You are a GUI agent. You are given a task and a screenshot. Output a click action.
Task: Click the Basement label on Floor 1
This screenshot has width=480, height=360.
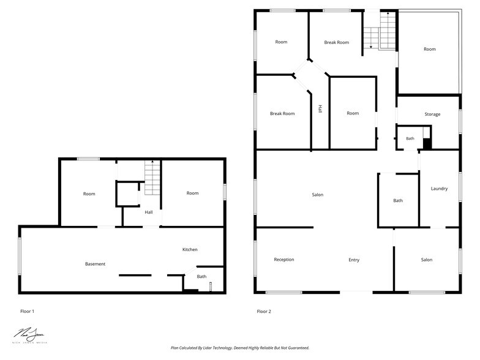point(95,264)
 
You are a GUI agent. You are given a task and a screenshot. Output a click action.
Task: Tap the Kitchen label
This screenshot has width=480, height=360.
point(190,250)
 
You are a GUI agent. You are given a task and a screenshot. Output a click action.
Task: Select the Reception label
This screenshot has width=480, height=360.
point(283,260)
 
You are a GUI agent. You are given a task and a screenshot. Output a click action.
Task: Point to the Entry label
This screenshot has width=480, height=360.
point(354,260)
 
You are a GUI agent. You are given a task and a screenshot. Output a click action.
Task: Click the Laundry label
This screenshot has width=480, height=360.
point(439,189)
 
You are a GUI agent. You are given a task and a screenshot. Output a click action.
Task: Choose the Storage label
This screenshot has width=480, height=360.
point(432,114)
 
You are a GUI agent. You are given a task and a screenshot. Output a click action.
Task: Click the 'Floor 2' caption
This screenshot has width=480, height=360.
point(263,312)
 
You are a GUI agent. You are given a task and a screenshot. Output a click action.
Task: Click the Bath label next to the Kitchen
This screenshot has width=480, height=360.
point(201,277)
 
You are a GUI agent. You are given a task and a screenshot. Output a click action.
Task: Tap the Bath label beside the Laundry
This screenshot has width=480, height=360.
point(398,201)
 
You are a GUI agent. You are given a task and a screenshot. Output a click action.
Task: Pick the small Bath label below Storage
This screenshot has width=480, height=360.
point(410,139)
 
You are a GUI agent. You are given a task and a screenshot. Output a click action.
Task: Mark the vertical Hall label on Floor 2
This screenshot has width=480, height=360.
point(320,109)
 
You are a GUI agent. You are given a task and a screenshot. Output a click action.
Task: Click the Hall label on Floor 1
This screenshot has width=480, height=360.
point(149,212)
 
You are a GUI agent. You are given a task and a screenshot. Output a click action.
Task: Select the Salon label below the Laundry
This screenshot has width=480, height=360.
point(426,260)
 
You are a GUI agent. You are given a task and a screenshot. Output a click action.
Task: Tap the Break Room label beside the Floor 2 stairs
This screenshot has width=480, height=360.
point(336,42)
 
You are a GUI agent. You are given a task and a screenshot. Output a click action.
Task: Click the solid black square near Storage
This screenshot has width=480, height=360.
point(427,144)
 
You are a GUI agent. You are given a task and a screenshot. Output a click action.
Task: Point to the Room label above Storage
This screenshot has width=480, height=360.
point(430,49)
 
